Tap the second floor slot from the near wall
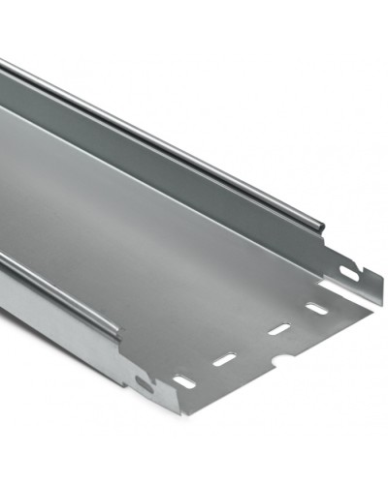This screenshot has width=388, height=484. tap(225, 359)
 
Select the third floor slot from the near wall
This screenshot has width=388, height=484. tap(278, 329)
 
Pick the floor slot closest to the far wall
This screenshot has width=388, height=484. tap(315, 309)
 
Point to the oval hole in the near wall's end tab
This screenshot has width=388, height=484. tap(144, 380)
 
